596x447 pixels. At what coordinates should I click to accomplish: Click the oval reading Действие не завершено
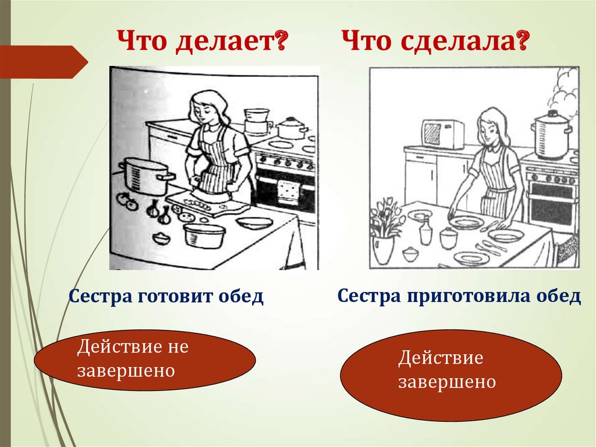pos(145,360)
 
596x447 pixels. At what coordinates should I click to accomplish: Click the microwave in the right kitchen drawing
pos(442,135)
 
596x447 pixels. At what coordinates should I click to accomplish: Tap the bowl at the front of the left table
pos(204,235)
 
